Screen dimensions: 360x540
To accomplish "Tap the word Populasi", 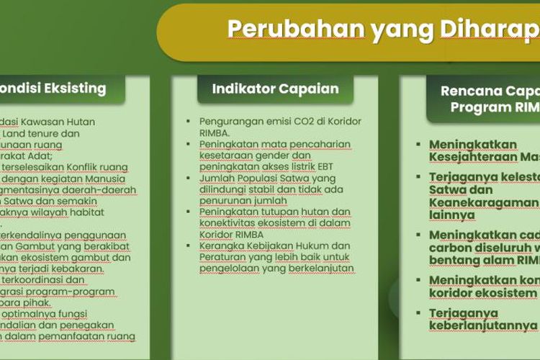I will pos(253,178).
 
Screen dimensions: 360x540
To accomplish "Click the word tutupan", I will pos(269,212).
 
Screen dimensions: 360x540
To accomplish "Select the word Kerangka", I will pos(221,246).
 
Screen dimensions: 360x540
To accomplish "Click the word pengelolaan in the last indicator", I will pos(229,269).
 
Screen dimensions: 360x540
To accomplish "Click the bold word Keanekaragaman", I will pos(482,203).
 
